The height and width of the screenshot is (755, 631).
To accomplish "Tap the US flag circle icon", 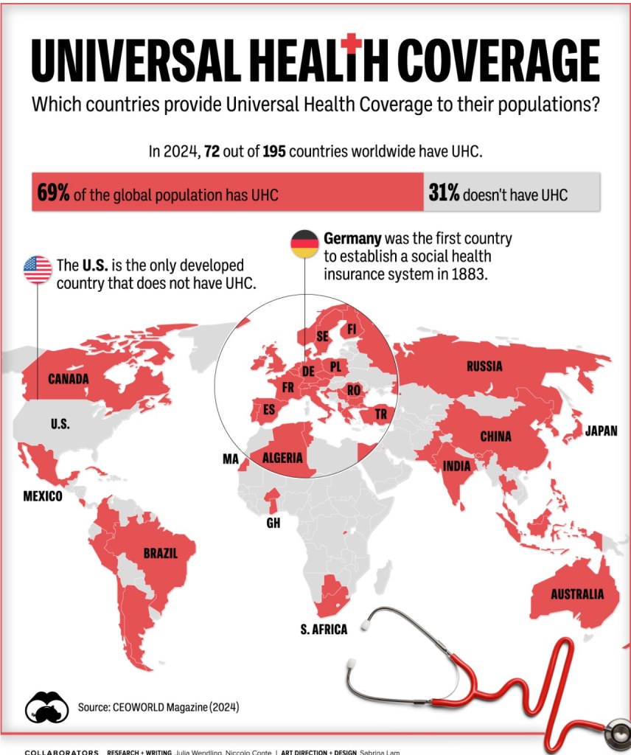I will (x=38, y=270).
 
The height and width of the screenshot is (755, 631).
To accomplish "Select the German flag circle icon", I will (x=304, y=243).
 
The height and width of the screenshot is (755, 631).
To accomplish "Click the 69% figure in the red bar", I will (x=54, y=194).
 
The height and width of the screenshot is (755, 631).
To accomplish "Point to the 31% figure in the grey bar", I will (x=444, y=194).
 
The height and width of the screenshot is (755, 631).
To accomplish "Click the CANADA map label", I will (x=69, y=379).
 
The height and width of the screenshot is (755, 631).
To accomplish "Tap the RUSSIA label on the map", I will (x=484, y=366).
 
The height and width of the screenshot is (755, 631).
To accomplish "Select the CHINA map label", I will (x=495, y=436).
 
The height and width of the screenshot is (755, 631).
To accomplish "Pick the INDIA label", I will (x=457, y=466).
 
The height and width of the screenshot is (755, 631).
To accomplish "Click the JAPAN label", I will (x=601, y=431).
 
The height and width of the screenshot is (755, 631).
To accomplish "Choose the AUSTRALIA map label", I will (x=577, y=594).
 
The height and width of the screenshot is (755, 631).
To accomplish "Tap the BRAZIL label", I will (x=161, y=554).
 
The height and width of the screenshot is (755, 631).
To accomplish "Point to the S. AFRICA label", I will (x=324, y=629).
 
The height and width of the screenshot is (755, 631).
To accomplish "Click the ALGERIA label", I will (x=283, y=458).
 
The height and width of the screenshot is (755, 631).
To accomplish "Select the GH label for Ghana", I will (x=273, y=523).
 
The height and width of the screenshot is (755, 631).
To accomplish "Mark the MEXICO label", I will (x=43, y=497).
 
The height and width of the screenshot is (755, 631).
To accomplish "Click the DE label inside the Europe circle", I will (x=308, y=372).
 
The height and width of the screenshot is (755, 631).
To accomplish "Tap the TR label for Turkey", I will (x=380, y=414).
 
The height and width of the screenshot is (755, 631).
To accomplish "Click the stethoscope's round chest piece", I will (x=616, y=734).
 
